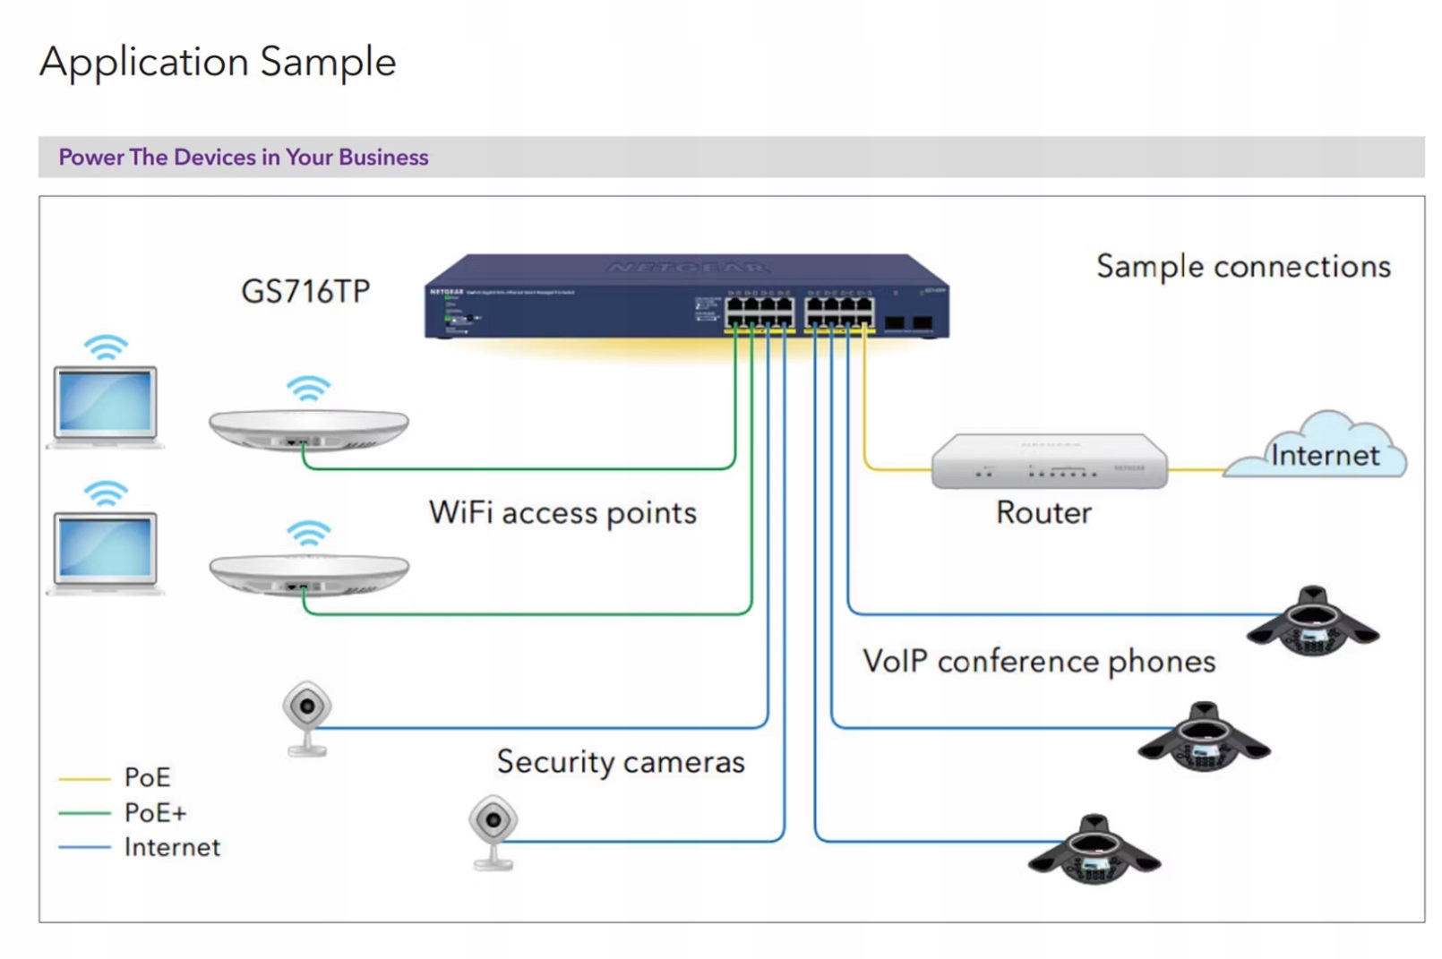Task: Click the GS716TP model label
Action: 305,291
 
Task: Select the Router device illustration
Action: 1049,461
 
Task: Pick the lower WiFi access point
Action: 308,574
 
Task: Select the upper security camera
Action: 307,717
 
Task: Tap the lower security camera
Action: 493,830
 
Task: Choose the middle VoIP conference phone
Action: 1204,739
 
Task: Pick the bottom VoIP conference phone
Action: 1094,851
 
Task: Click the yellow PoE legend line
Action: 83,779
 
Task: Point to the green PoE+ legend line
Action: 83,813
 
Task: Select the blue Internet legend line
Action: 83,847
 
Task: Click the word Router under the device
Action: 1043,512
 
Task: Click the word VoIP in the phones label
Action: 895,662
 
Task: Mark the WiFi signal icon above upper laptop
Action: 106,347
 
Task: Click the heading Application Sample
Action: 218,63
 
